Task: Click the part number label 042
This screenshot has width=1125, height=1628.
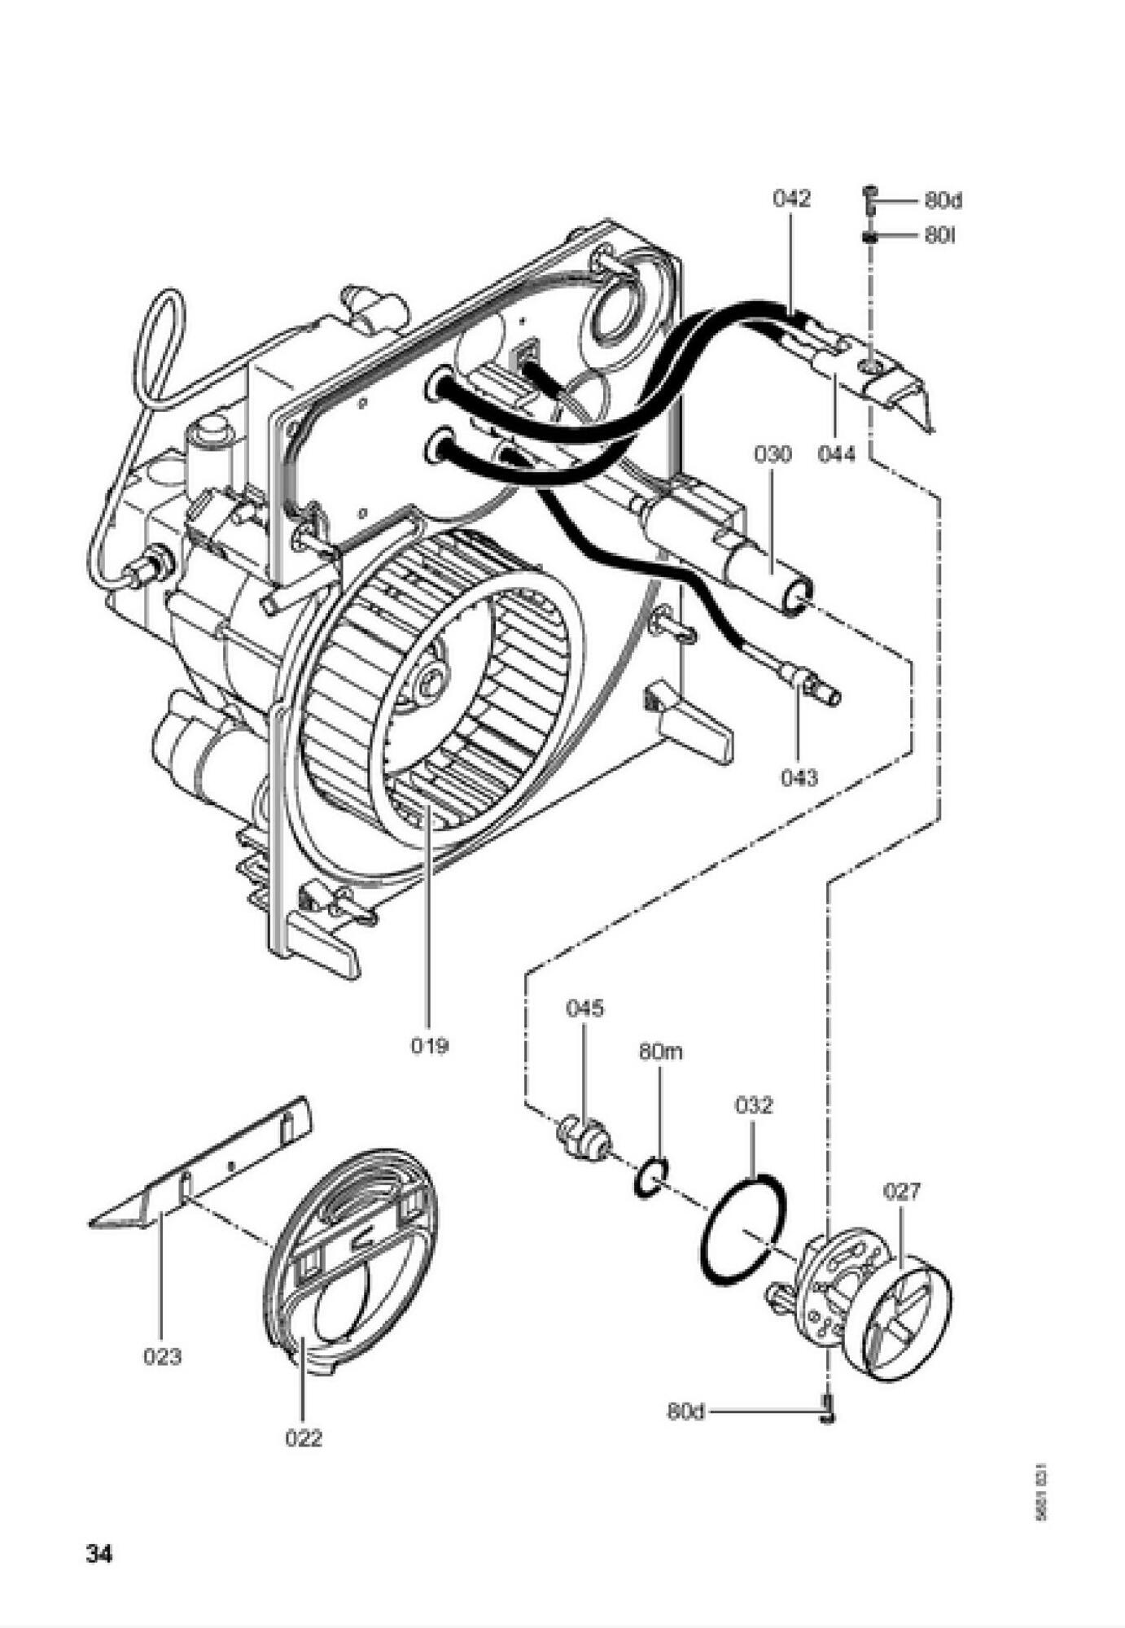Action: [x=791, y=199]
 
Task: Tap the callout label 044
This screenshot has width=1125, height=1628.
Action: [x=837, y=453]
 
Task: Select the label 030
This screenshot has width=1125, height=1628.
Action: [x=772, y=454]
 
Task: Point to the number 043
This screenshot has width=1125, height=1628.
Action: [x=799, y=777]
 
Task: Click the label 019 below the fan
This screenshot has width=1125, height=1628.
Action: [x=429, y=1045]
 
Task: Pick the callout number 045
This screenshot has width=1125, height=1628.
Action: [x=584, y=1009]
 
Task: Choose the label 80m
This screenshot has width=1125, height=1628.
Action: [x=660, y=1052]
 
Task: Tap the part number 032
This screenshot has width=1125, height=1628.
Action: [x=753, y=1105]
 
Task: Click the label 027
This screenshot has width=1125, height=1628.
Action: [x=902, y=1191]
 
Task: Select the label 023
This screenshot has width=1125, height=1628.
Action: [x=162, y=1357]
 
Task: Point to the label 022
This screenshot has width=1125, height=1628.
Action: [x=304, y=1438]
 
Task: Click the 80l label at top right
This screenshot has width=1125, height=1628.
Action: [x=939, y=236]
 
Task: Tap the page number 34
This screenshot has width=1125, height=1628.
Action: [x=99, y=1553]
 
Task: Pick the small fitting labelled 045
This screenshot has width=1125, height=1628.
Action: [x=583, y=1136]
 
